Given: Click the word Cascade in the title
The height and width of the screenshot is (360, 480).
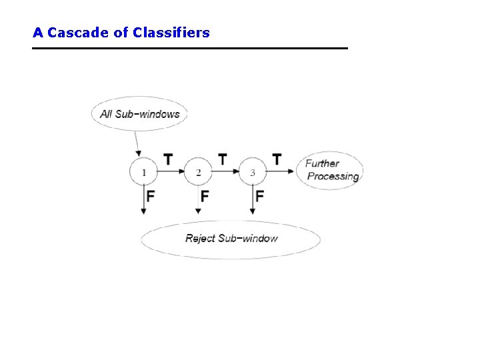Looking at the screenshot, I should (78, 32).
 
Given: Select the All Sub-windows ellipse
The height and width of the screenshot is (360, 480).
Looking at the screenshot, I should (139, 114).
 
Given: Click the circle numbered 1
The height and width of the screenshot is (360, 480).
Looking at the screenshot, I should (143, 173).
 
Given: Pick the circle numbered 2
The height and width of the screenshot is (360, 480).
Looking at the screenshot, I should (198, 173).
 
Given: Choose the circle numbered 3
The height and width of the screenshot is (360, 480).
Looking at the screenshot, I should (252, 173).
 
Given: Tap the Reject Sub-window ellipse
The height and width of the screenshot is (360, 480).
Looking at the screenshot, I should (231, 239).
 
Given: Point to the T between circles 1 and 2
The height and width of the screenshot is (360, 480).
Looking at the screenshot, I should (168, 159).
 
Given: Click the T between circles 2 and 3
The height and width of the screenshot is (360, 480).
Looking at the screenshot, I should (223, 159).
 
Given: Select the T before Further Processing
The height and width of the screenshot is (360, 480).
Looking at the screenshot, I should (277, 159).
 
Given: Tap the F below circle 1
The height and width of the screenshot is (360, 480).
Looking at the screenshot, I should (151, 196).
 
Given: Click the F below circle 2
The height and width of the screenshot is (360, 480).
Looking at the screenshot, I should (205, 196).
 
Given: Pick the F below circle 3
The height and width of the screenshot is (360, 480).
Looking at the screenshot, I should (259, 196).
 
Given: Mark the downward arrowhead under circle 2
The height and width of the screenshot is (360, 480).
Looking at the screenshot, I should (198, 211).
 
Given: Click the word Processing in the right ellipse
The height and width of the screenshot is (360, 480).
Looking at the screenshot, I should (333, 177).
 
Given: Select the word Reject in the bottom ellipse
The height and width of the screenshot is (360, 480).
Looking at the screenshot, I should (199, 238).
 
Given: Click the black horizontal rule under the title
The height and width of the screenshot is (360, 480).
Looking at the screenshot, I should (190, 48).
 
